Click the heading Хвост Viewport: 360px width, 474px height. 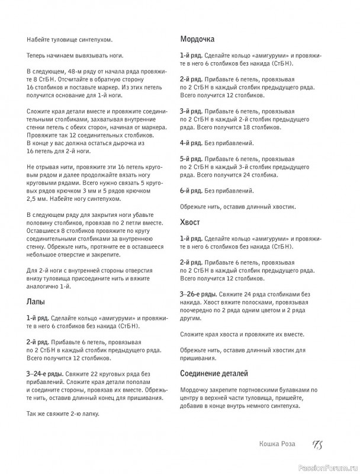[x=190, y=222]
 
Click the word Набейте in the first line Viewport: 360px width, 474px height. [x=38, y=39]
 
